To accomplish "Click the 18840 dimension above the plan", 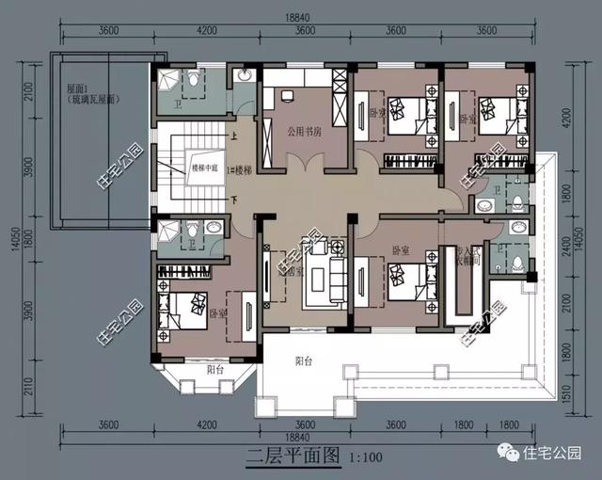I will [x=302, y=16].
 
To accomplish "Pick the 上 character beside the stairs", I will [x=232, y=136].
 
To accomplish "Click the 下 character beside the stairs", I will [x=232, y=200].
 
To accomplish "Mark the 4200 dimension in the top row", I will [x=208, y=29].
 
